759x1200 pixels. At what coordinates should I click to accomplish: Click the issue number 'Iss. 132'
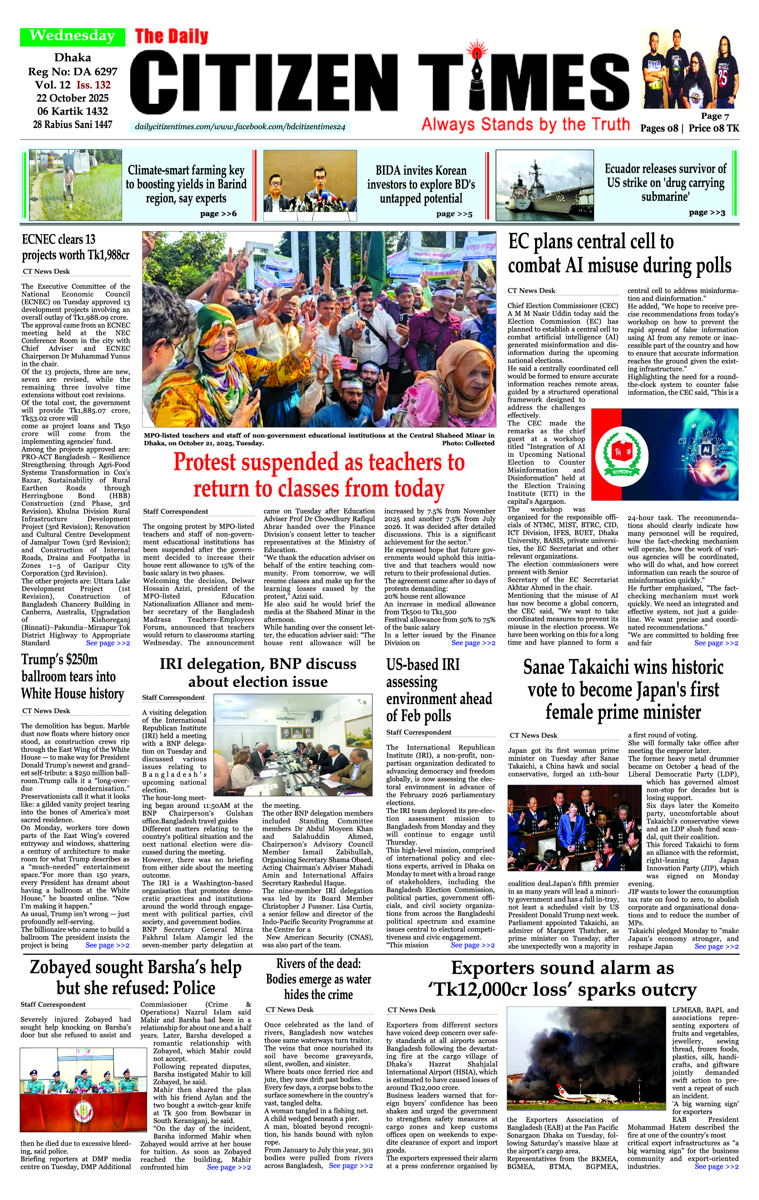tap(94, 85)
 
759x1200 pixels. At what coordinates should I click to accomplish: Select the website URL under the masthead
tap(240, 127)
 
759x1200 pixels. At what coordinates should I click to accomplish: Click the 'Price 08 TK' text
tap(714, 128)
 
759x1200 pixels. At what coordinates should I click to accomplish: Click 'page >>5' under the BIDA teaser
tap(454, 214)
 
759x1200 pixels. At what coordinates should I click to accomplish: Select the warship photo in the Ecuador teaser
tap(545, 185)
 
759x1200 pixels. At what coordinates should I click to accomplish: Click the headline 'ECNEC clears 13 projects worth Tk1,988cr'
tap(75, 247)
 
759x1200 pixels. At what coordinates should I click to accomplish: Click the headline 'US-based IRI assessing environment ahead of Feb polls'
tap(439, 690)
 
